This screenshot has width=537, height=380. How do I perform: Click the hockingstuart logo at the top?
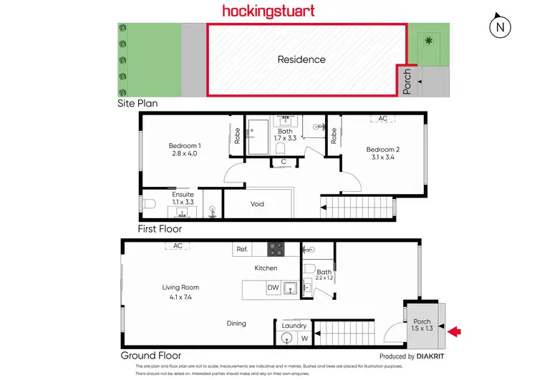coord(268,11)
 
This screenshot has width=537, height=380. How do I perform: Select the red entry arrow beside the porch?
coord(454,331)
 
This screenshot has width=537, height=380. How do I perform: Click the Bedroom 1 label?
coord(184,150)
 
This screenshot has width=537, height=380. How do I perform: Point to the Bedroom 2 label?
coord(382,153)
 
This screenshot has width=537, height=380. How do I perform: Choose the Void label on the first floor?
coord(257,204)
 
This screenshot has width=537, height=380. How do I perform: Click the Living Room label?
coord(180,291)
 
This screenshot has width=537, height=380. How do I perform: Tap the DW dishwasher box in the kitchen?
coord(273,288)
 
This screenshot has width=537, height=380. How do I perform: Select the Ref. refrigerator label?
coord(241,250)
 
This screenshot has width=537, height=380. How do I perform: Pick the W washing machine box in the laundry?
coord(304,338)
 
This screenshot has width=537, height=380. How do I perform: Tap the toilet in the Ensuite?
coord(149,205)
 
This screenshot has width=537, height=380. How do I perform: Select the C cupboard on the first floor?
coord(284,162)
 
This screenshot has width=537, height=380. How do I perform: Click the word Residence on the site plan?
coord(301,59)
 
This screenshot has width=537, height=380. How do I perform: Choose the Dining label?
coord(236,323)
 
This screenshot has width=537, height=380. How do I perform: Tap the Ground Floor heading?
coord(150,355)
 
